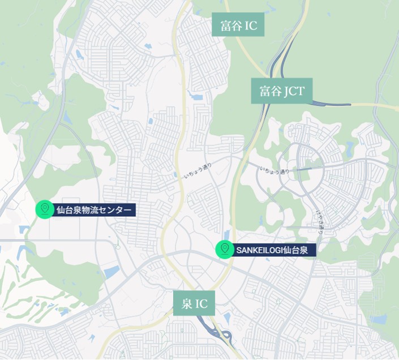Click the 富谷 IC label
[238, 25]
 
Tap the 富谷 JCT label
[281, 91]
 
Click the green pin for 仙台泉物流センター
[44, 209]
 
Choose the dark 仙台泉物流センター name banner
[94, 211]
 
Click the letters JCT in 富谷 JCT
[293, 91]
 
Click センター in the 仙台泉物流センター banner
[117, 211]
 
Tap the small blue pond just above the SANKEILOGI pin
[226, 235]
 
